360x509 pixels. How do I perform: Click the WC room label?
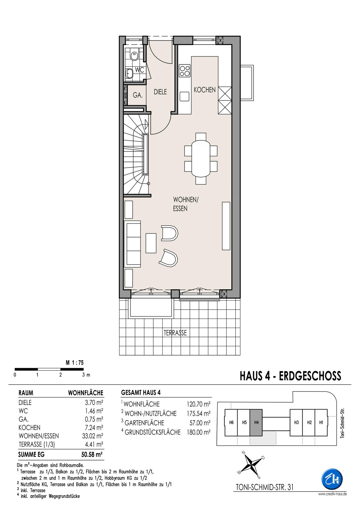(x=139, y=70)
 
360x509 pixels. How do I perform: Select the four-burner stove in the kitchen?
(x=184, y=71)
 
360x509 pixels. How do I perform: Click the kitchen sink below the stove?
(x=184, y=96)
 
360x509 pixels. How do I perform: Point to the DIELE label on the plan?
(x=160, y=92)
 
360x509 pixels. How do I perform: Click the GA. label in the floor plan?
(x=138, y=95)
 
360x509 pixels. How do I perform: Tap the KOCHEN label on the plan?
(x=205, y=90)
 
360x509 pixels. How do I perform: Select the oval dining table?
(x=201, y=158)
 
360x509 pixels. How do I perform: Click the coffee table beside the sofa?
(x=151, y=243)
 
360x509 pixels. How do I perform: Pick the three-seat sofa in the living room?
(x=132, y=244)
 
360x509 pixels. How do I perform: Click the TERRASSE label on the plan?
(x=175, y=333)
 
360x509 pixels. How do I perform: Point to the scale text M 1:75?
(x=75, y=363)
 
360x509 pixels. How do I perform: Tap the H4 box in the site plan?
(x=256, y=423)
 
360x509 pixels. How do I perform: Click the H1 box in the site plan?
(x=321, y=423)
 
